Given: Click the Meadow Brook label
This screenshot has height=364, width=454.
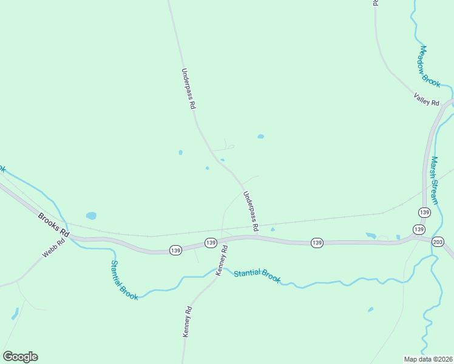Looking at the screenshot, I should click(429, 67).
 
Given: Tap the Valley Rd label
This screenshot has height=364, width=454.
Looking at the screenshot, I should click(426, 99).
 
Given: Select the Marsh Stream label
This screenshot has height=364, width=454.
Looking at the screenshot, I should click(435, 180).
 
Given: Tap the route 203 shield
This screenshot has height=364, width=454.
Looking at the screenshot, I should click(438, 241).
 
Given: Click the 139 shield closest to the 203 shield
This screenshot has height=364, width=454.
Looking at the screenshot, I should click(419, 229).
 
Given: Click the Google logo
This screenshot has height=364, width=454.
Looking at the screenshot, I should click(20, 357).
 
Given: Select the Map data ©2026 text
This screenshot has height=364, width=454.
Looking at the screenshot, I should click(428, 359).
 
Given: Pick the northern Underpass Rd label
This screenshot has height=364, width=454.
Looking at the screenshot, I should click(188, 88).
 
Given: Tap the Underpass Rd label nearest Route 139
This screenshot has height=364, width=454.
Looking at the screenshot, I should click(251, 211).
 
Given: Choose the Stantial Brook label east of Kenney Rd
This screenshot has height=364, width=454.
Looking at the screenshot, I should click(257, 276).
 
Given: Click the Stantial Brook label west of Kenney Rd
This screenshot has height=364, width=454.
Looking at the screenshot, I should click(124, 280).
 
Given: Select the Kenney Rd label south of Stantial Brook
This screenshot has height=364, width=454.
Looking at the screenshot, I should click(188, 322).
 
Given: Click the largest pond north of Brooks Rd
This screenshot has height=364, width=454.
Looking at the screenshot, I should click(91, 215).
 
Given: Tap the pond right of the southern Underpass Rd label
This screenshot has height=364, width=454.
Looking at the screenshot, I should click(273, 229).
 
